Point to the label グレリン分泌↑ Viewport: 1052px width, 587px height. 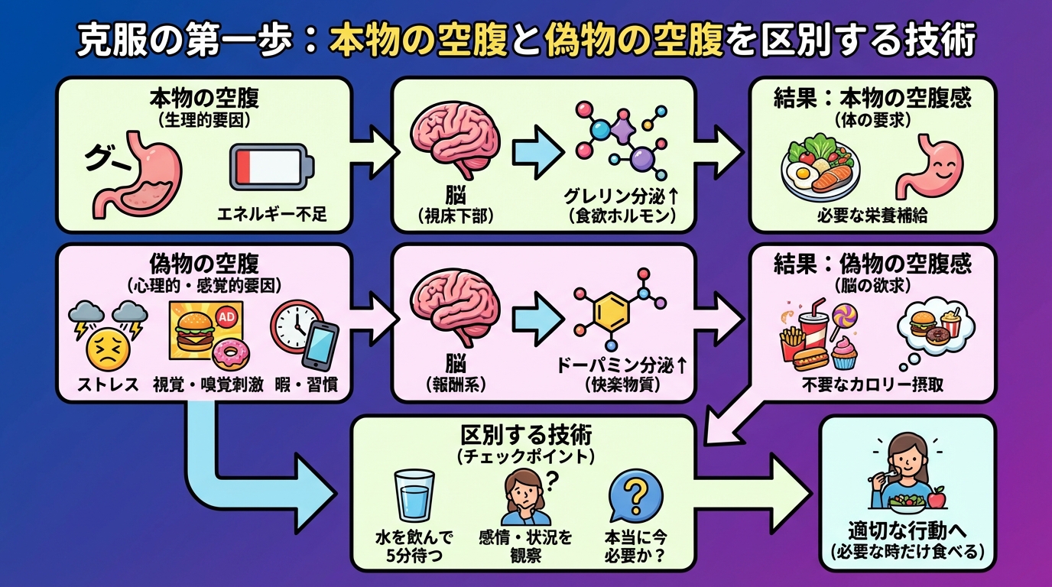tap(622, 196)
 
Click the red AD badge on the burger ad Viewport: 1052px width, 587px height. tap(226, 316)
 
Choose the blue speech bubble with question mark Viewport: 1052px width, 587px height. tap(635, 495)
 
